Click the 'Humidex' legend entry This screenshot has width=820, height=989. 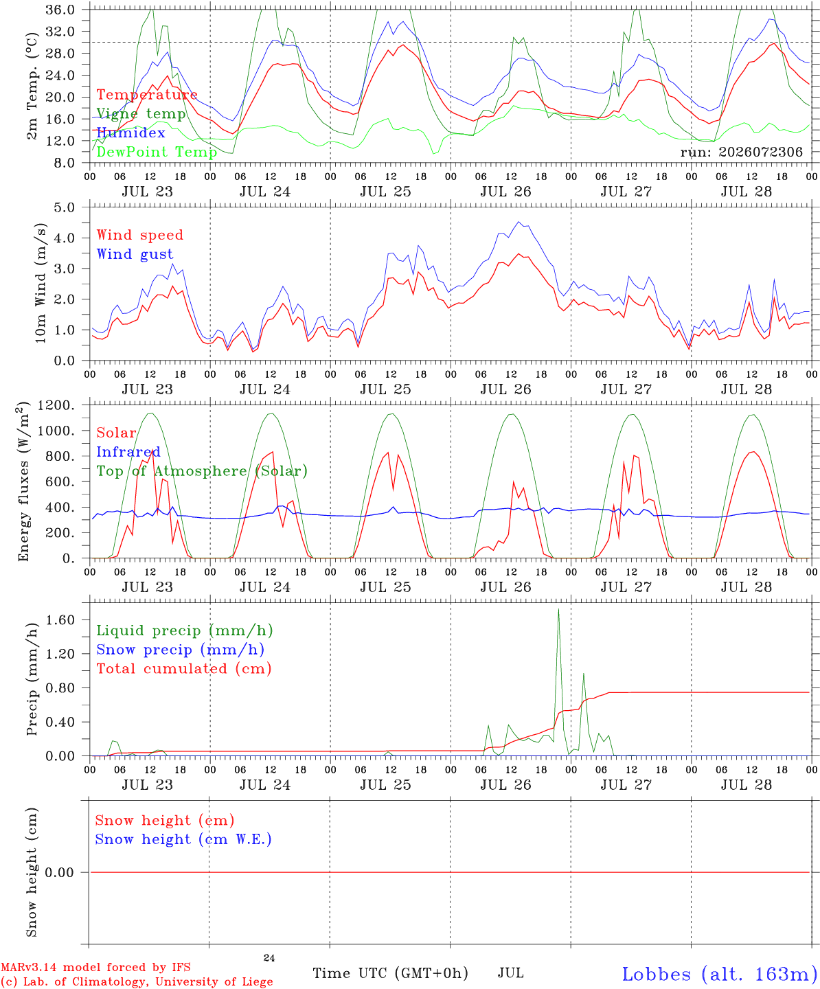(x=130, y=133)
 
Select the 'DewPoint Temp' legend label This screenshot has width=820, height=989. (x=157, y=152)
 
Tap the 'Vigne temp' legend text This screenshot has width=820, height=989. (x=141, y=114)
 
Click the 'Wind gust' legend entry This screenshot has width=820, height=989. (x=135, y=254)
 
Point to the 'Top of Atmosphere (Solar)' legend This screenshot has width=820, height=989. (x=203, y=471)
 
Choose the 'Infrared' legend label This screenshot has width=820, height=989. (x=128, y=452)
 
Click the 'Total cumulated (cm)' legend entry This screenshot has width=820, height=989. (x=184, y=668)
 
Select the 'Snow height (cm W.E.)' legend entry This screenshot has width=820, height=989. (x=183, y=839)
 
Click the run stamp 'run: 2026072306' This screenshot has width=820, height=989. (x=741, y=152)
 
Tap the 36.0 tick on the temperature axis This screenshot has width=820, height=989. (x=60, y=10)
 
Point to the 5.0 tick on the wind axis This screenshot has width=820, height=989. (x=64, y=207)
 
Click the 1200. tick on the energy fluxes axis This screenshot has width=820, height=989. (x=56, y=405)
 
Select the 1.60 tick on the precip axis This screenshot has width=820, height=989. (x=60, y=620)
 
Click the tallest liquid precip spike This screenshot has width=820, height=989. (x=558, y=609)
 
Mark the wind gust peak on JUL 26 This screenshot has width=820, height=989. (x=519, y=222)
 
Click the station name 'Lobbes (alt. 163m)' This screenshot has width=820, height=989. (x=720, y=974)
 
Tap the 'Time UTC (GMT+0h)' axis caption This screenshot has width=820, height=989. (x=390, y=973)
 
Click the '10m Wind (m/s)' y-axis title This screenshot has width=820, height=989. (x=41, y=283)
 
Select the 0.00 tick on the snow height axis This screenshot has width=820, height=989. (x=60, y=872)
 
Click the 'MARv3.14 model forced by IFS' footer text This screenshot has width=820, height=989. (x=95, y=967)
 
